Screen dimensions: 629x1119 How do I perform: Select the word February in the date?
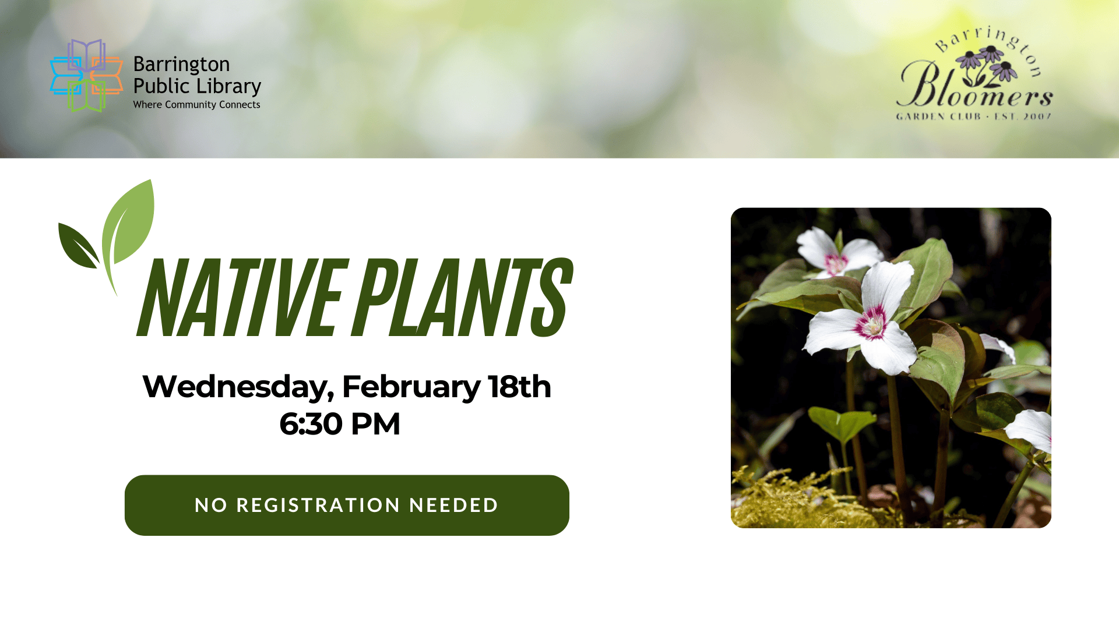click(411, 387)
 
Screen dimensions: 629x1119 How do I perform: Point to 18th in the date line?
click(519, 387)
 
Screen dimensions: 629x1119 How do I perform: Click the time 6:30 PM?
click(340, 424)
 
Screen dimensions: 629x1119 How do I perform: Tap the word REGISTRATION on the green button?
click(318, 505)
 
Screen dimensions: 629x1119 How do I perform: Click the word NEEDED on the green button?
click(454, 505)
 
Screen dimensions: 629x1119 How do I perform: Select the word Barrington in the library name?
click(181, 64)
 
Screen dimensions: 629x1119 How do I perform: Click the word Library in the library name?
click(229, 86)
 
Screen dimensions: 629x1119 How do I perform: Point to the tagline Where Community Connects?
click(196, 105)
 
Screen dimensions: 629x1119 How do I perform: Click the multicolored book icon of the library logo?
click(86, 76)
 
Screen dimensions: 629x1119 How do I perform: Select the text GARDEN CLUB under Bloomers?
click(938, 116)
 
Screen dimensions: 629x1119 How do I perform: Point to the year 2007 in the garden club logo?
click(1037, 116)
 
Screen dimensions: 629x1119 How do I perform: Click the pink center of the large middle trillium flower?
click(871, 323)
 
